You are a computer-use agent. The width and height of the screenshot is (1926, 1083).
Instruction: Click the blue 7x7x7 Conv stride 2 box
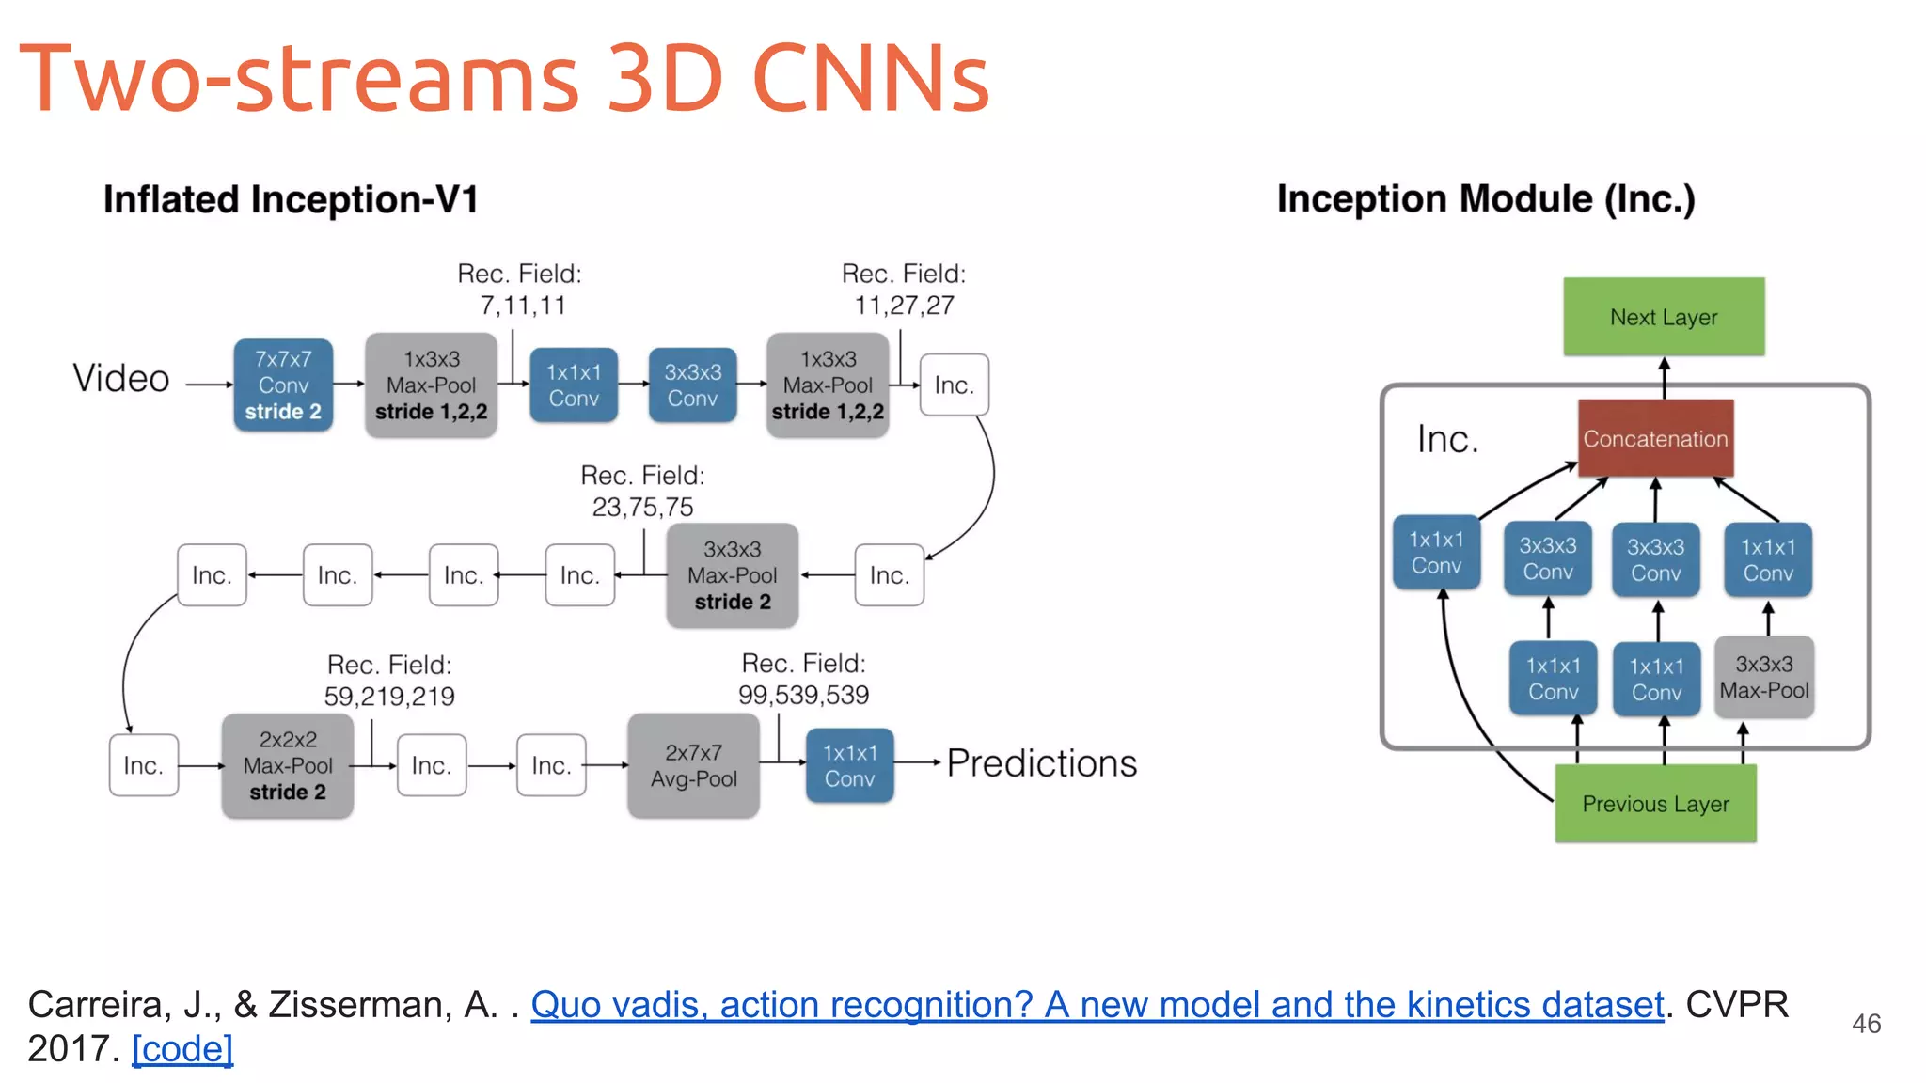pyautogui.click(x=283, y=385)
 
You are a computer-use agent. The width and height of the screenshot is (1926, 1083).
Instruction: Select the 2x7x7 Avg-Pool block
pyautogui.click(x=693, y=765)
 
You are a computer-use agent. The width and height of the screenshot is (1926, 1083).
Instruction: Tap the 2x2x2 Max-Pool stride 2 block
pyautogui.click(x=288, y=765)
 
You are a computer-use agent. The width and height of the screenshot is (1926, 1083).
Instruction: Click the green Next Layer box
pyautogui.click(x=1664, y=317)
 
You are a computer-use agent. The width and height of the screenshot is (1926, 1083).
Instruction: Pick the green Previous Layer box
pyautogui.click(x=1655, y=804)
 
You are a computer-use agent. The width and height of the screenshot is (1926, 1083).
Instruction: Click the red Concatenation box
pyautogui.click(x=1655, y=438)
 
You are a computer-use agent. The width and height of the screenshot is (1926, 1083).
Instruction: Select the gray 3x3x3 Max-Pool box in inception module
pyautogui.click(x=1763, y=677)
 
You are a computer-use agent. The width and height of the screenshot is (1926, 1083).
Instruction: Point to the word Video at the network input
pyautogui.click(x=121, y=379)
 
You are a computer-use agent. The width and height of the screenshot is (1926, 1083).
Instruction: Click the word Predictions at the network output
pyautogui.click(x=1041, y=763)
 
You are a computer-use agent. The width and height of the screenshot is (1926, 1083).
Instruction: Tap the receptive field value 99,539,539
pyautogui.click(x=803, y=696)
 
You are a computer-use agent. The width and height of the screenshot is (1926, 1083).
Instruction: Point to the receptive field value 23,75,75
pyautogui.click(x=642, y=508)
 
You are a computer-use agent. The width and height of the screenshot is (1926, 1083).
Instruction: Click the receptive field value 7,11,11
pyautogui.click(x=523, y=306)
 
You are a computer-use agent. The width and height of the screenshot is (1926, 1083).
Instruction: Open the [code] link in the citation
pyautogui.click(x=182, y=1049)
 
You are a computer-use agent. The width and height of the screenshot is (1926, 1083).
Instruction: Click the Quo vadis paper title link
pyautogui.click(x=1097, y=1005)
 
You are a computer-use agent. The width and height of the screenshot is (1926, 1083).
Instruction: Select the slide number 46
pyautogui.click(x=1866, y=1024)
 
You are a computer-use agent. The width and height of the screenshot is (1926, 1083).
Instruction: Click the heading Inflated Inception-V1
pyautogui.click(x=291, y=199)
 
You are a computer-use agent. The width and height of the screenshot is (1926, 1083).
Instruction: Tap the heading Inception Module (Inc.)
pyautogui.click(x=1486, y=199)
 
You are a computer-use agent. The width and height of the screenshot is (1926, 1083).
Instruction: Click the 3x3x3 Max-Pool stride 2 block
pyautogui.click(x=732, y=575)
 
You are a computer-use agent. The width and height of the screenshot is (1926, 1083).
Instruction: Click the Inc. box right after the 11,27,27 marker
pyautogui.click(x=954, y=385)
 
